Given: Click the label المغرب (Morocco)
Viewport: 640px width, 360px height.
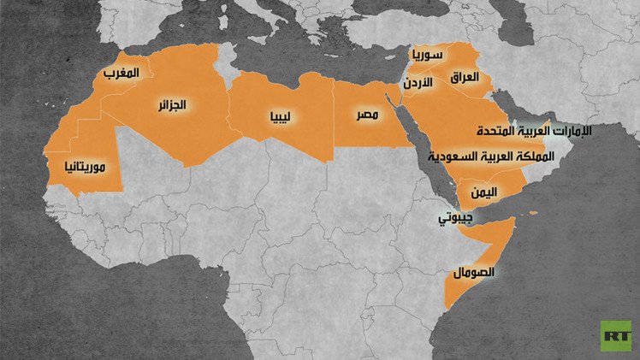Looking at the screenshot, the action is point(121,74).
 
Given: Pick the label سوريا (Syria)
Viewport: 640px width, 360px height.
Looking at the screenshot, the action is point(427,56).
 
